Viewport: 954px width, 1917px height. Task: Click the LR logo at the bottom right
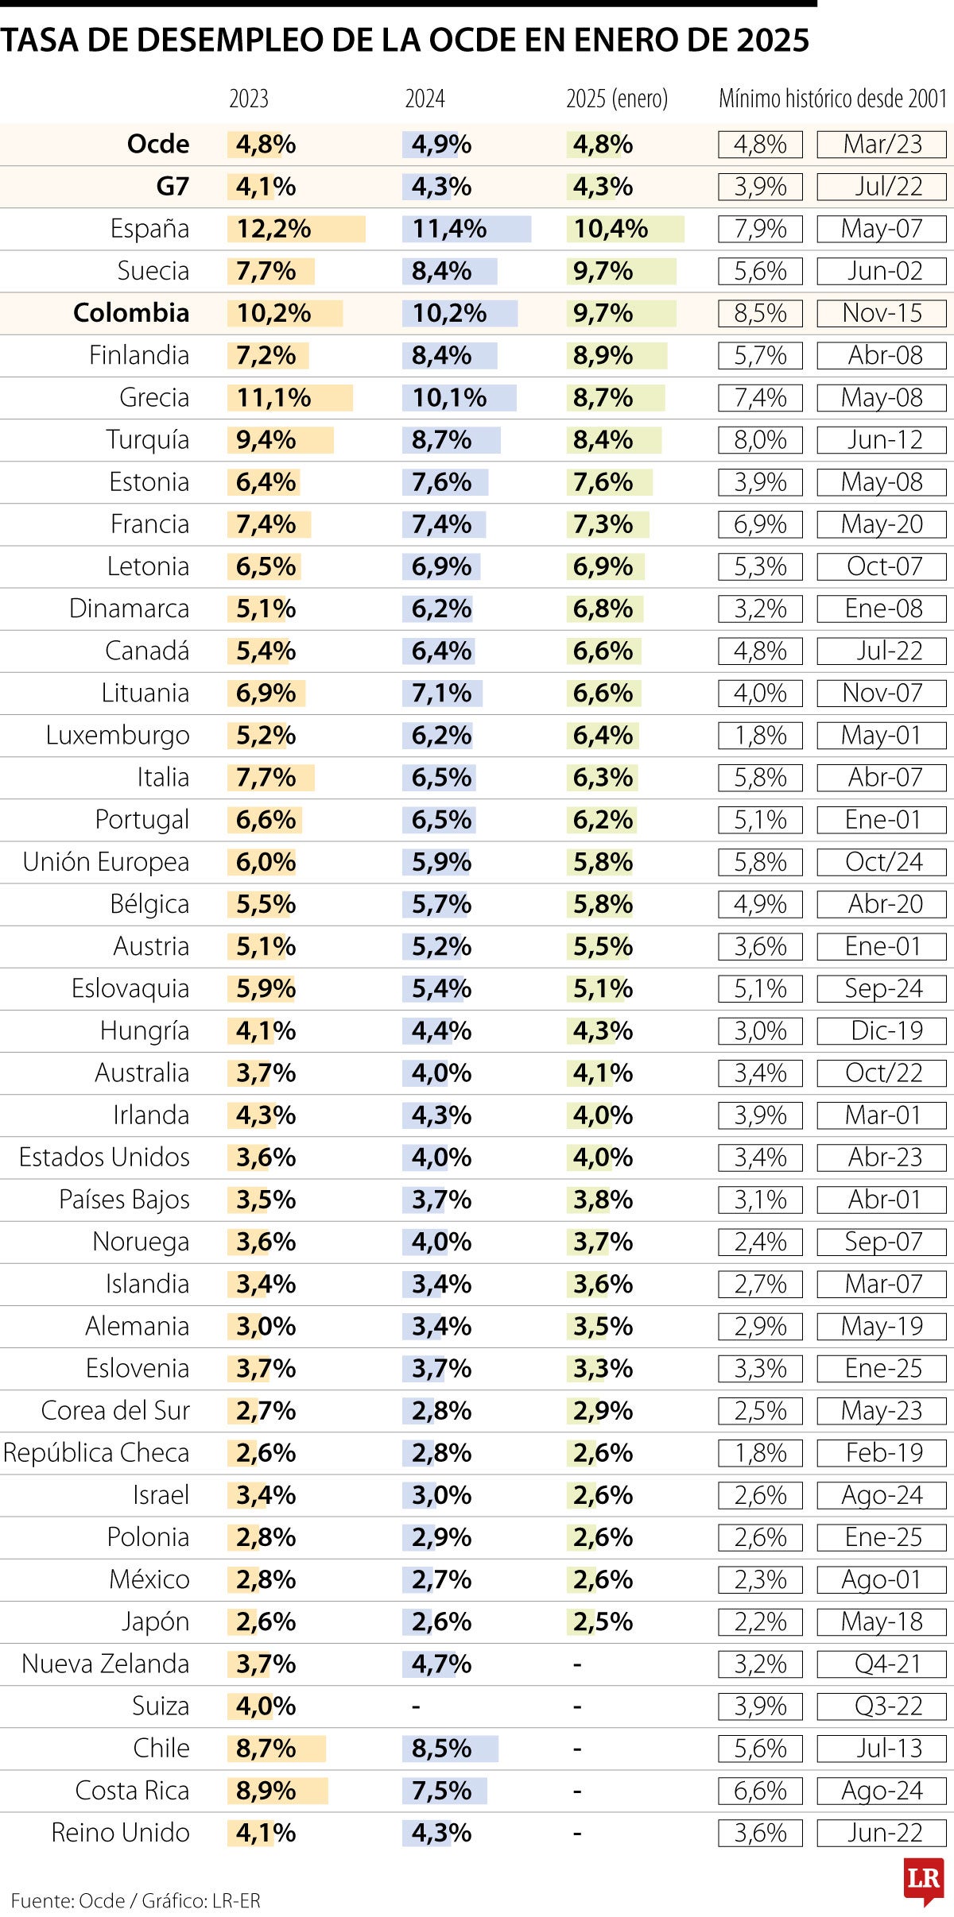tap(924, 1880)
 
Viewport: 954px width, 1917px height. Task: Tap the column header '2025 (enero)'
tap(617, 99)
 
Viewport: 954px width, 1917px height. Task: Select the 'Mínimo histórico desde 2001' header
tap(832, 99)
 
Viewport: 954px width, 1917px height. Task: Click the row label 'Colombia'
tap(131, 313)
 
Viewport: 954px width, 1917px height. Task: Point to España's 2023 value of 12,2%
tap(274, 229)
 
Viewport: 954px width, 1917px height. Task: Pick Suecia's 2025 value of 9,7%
tap(603, 271)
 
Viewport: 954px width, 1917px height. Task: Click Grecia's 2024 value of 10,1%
tap(449, 397)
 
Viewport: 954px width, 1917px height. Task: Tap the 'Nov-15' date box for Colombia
tap(882, 313)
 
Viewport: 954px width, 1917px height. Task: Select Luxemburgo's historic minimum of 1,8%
tap(760, 735)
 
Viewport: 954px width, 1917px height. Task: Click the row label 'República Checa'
tap(96, 1452)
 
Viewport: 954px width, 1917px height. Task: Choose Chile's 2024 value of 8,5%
tap(441, 1748)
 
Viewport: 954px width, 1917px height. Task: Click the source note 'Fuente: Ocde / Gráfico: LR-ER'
tap(136, 1900)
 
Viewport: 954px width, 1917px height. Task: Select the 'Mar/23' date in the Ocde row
tap(882, 145)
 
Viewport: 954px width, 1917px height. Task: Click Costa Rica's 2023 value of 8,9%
tap(266, 1790)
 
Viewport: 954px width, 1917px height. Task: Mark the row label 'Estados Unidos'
tap(104, 1157)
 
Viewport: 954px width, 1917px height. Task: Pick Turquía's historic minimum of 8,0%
tap(760, 439)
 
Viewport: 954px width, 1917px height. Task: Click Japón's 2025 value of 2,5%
tap(603, 1621)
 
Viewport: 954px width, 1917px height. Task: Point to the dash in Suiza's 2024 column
tap(415, 1706)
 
